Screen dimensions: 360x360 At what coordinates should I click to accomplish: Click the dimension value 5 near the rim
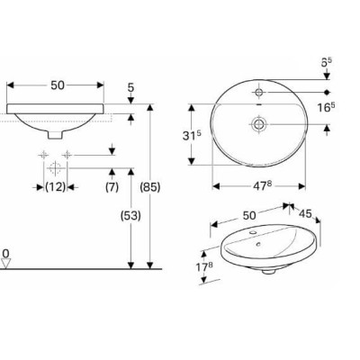(130, 88)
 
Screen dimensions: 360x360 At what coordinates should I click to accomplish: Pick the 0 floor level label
(5, 253)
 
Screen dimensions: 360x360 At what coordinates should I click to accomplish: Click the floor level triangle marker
(6, 264)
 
